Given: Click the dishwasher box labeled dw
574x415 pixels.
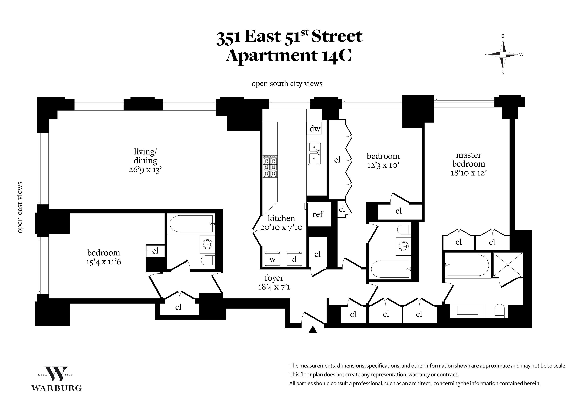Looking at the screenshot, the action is pyautogui.click(x=315, y=128).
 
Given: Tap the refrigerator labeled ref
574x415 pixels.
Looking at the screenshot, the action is pyautogui.click(x=319, y=214).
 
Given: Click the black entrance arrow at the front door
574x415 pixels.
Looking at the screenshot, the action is pyautogui.click(x=313, y=330).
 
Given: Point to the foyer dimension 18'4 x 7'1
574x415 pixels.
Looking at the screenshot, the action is pyautogui.click(x=274, y=287).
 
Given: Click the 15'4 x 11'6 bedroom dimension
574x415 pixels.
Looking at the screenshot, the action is pyautogui.click(x=103, y=262).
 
